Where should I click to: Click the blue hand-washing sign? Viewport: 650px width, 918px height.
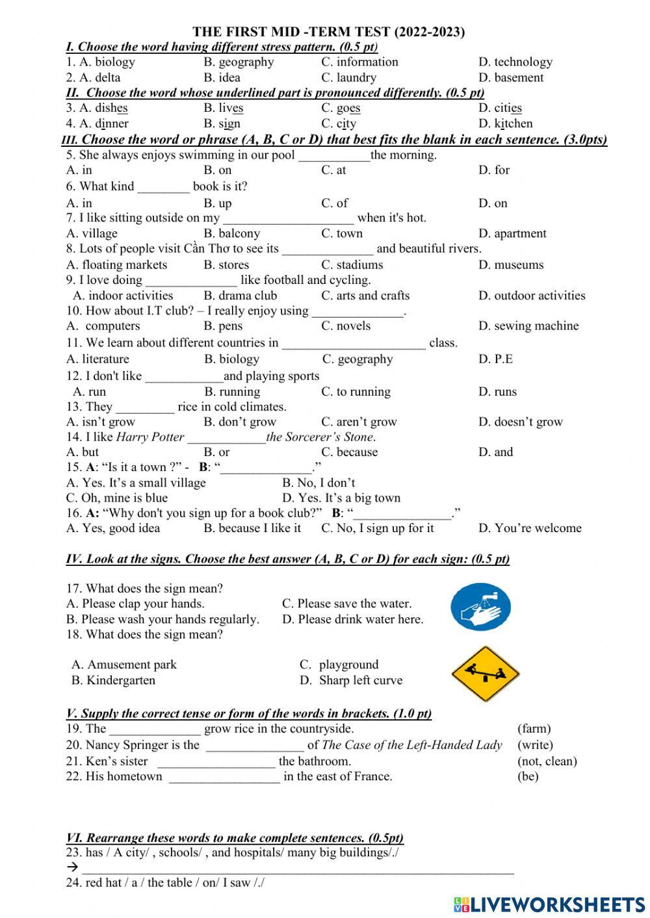point(480,607)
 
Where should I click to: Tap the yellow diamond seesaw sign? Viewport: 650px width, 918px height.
point(485,674)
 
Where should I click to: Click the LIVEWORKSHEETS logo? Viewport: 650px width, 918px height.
point(549,904)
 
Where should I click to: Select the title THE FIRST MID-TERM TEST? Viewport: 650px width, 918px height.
point(328,31)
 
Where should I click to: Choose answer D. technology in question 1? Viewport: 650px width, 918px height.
point(515,62)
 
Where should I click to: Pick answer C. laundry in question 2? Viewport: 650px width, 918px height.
point(348,77)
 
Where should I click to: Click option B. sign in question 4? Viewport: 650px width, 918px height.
point(222,123)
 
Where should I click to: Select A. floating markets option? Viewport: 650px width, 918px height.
point(116,264)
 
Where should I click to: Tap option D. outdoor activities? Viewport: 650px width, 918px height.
point(531,296)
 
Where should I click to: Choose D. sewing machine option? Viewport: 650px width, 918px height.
point(528,325)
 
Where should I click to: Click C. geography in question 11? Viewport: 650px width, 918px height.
point(357,359)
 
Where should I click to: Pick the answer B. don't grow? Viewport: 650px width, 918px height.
point(240,422)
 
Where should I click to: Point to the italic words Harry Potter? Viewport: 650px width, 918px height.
point(149,437)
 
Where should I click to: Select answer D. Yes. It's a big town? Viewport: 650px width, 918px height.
point(341,498)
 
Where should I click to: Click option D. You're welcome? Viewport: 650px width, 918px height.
point(530,528)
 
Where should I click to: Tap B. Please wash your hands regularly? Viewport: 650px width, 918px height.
point(162,619)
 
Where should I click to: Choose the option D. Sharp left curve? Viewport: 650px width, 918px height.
point(351,680)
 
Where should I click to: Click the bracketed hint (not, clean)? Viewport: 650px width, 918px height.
point(547,761)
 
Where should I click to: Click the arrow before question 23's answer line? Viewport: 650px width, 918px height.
point(72,867)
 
